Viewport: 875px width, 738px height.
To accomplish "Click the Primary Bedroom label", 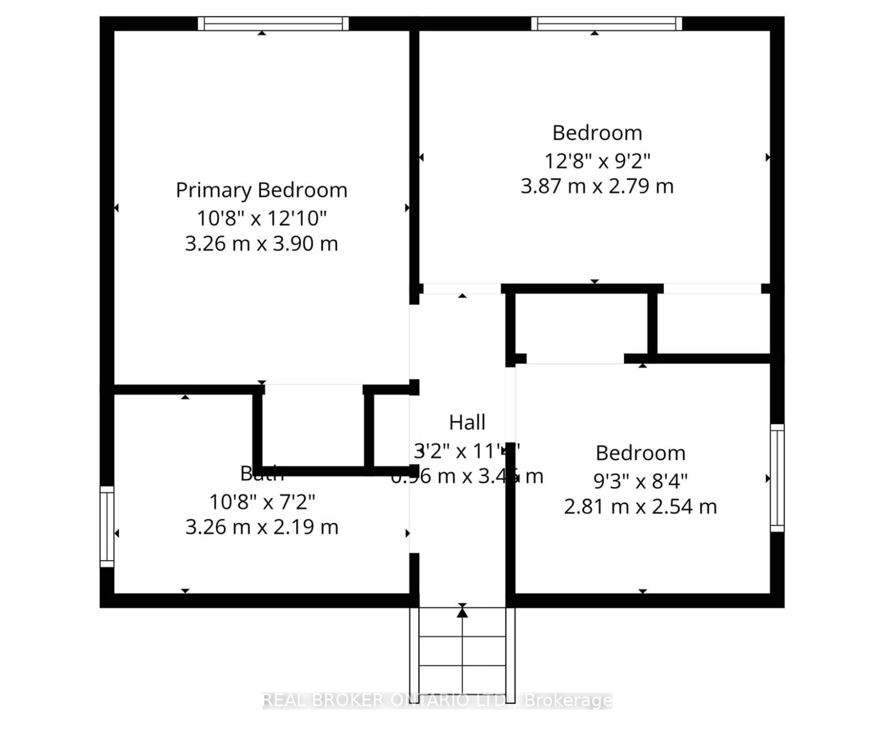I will pos(261,190).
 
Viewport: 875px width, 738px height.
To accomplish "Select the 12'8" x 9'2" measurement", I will pos(597,161).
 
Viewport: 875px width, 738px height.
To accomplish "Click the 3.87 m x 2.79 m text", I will pos(597,186).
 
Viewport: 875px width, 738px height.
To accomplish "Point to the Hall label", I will pos(467,422).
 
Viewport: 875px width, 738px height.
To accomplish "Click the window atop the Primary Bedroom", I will pos(273,23).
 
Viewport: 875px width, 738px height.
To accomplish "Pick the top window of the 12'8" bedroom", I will pos(606,23).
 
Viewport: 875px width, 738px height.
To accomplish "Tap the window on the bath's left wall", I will pos(107,526).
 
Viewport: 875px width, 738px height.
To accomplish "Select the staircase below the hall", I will pos(462,657).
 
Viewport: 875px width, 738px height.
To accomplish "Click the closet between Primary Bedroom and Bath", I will pos(313,429).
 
